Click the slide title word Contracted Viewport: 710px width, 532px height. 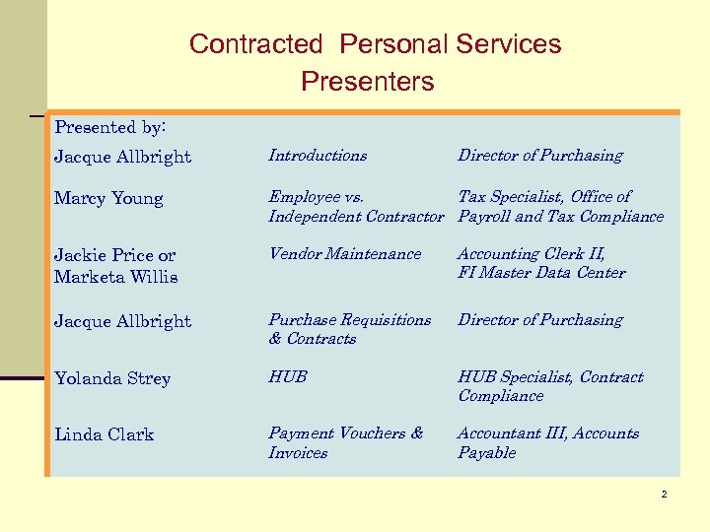tap(255, 44)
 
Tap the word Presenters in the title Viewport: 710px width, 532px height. tap(367, 81)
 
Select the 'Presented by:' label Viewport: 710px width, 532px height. tap(110, 127)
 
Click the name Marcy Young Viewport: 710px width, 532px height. tap(108, 199)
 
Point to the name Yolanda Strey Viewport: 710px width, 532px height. tap(112, 379)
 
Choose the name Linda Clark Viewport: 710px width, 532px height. tap(105, 435)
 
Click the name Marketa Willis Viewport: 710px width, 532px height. tap(116, 277)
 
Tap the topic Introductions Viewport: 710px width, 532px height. tap(318, 156)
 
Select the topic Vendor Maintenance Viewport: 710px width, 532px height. tap(344, 254)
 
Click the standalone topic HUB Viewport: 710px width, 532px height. tap(288, 377)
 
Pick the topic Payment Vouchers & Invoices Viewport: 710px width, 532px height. tap(345, 443)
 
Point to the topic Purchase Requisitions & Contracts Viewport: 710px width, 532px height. tap(349, 329)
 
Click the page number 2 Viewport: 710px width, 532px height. tap(665, 495)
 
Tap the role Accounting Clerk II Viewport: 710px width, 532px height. tap(532, 254)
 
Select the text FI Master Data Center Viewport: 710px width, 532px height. tap(541, 273)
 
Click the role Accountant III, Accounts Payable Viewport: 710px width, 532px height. tap(548, 443)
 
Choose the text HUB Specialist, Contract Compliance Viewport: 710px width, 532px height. tap(550, 386)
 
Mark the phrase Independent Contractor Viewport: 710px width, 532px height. tap(357, 217)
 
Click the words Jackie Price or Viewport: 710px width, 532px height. tap(115, 256)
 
